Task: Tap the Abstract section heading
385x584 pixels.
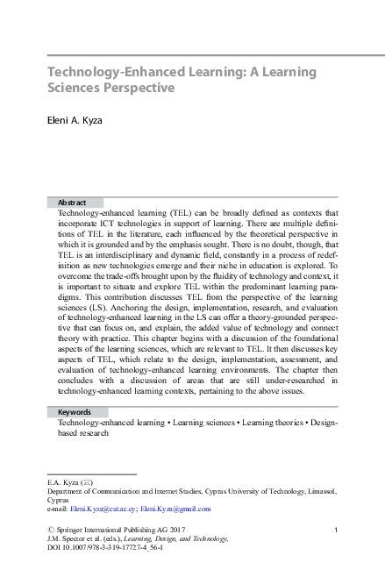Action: coord(72,203)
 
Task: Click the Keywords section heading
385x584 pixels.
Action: coord(75,411)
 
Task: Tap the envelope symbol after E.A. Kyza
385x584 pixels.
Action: coord(87,483)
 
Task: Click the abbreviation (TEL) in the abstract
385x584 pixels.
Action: coord(169,213)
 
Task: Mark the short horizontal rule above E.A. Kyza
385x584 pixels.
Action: coord(90,474)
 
